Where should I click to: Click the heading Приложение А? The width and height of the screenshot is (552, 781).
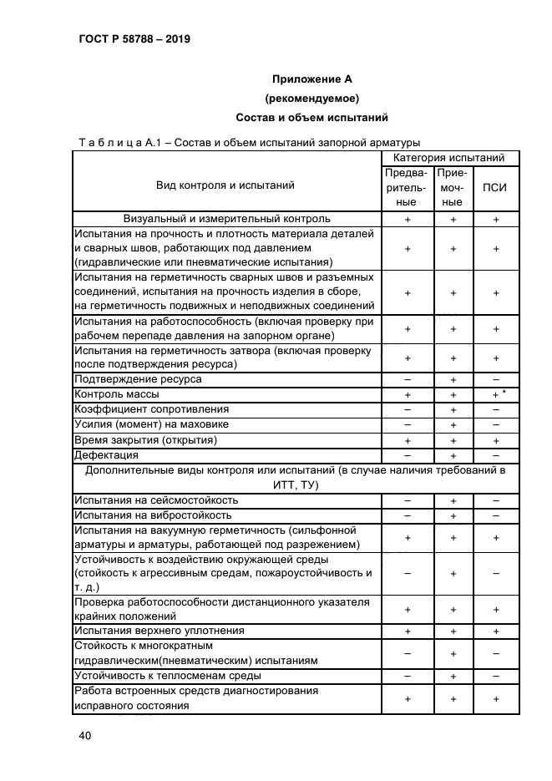click(312, 79)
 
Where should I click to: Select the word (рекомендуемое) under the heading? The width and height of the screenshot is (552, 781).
click(312, 99)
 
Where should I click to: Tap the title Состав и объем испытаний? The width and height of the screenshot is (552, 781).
click(312, 118)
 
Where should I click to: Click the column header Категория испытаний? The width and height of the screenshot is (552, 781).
click(448, 157)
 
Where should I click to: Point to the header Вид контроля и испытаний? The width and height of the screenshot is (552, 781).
click(225, 185)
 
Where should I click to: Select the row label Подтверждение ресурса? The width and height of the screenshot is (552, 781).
click(138, 378)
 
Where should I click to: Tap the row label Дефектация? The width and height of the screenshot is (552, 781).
click(106, 455)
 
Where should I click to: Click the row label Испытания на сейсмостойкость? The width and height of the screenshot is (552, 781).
click(156, 500)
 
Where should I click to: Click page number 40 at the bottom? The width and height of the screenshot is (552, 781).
click(84, 735)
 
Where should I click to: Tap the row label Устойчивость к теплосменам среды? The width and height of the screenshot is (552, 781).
click(168, 675)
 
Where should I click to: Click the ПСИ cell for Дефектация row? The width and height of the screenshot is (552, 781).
click(495, 455)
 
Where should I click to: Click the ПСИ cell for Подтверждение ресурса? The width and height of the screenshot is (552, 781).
click(495, 378)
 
